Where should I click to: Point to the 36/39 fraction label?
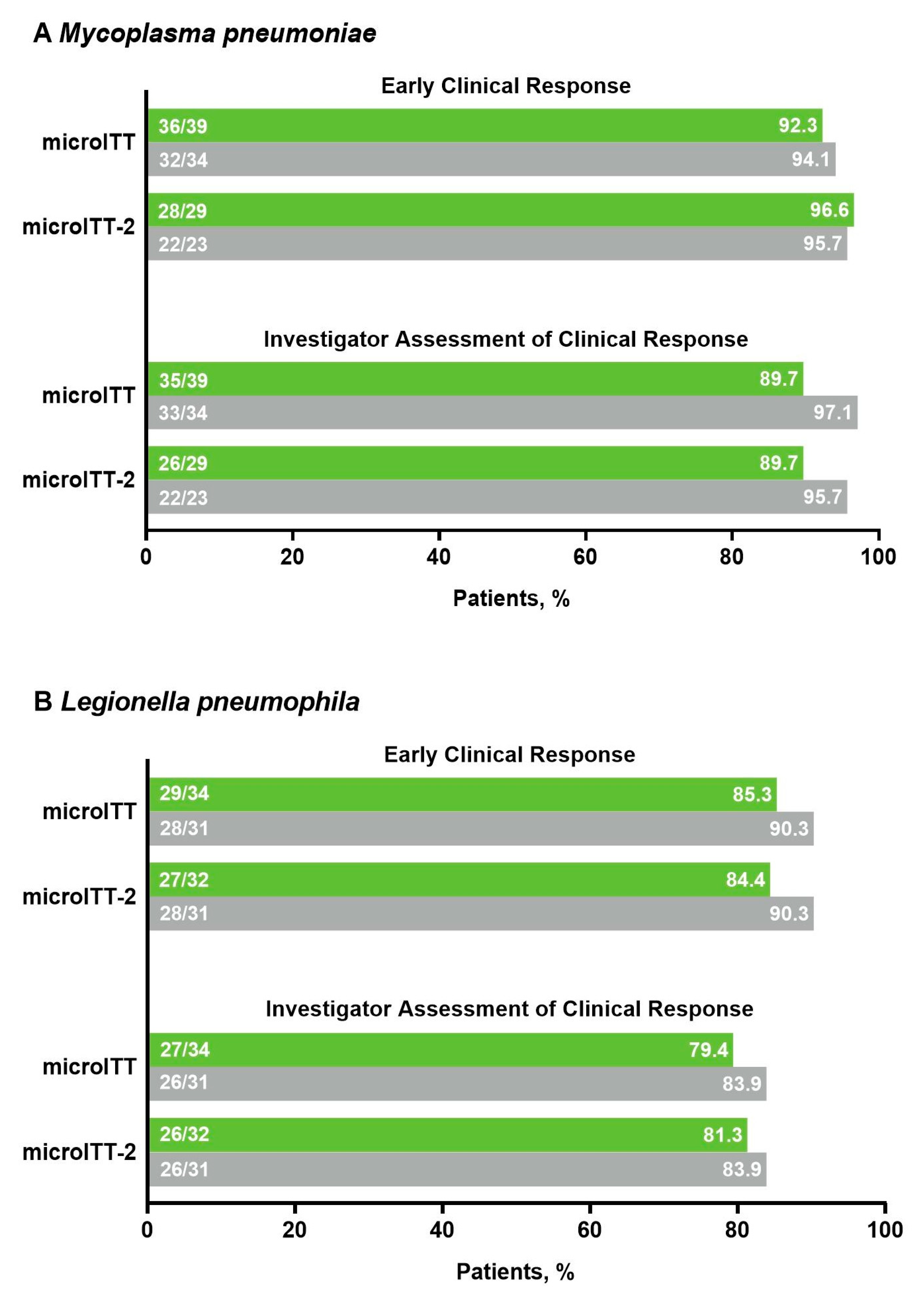[x=183, y=126]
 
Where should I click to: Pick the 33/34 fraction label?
[x=183, y=413]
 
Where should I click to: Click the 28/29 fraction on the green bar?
[x=182, y=211]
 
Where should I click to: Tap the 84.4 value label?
[x=745, y=880]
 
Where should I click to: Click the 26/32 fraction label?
[x=184, y=1134]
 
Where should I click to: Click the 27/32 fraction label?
[x=183, y=880]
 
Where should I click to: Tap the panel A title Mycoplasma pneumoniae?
[x=205, y=33]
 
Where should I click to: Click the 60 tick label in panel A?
[x=585, y=557]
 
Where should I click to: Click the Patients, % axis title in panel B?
[x=515, y=1272]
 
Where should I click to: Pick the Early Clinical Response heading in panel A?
[x=505, y=86]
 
